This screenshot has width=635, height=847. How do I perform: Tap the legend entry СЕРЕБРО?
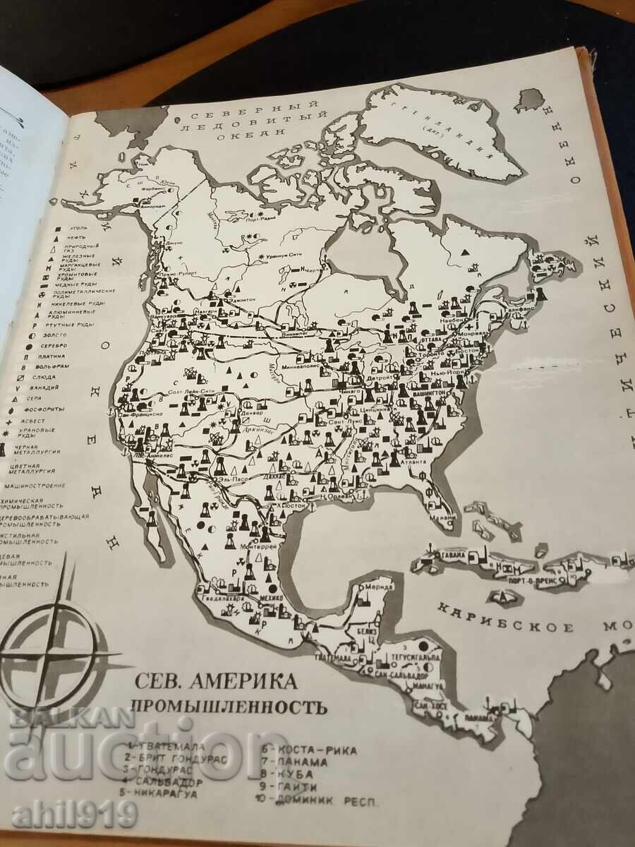(x=49, y=346)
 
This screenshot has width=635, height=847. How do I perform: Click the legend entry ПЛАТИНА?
(x=49, y=357)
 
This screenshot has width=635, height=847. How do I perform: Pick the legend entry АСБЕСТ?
(x=42, y=419)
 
